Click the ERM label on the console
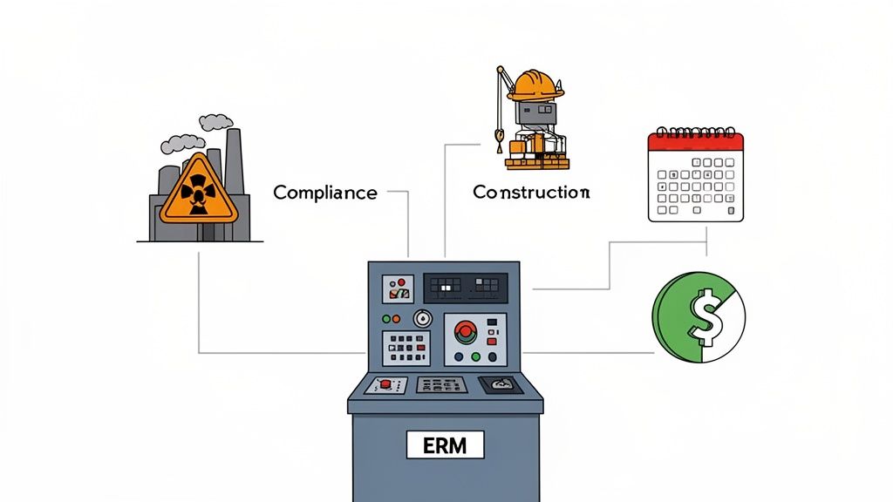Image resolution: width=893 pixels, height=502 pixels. pos(445,445)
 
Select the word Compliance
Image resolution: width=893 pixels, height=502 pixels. pos(324,193)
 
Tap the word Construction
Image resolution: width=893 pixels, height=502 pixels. pos(531,192)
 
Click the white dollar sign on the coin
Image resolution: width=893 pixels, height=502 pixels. pos(705,318)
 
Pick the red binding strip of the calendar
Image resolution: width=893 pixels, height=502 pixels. pos(695,140)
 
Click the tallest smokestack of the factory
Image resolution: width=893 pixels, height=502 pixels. pos(233,166)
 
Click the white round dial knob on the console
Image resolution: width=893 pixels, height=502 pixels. pos(423,318)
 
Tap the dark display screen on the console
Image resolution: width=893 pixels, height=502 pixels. pos(465,287)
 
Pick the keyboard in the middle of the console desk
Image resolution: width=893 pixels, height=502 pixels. pos(440,384)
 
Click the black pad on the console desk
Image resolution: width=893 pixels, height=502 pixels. pos(500,383)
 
